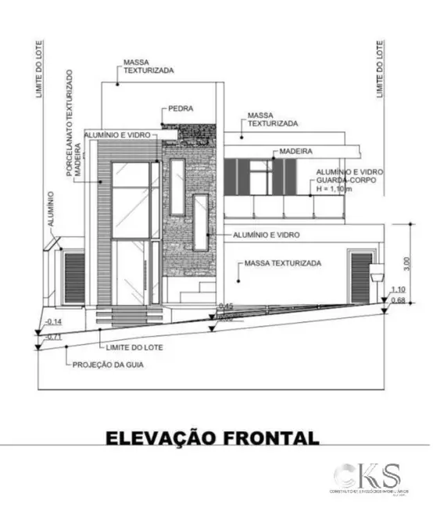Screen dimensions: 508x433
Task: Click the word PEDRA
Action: tap(180, 109)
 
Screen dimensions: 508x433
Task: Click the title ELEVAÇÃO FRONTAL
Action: tap(212, 436)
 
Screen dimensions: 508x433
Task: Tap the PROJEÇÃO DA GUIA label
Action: tap(110, 364)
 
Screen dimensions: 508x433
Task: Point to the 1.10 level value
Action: tap(397, 289)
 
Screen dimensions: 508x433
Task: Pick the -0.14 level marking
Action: tap(55, 322)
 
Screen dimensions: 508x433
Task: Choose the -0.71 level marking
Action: tap(54, 336)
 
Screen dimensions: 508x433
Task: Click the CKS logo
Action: tap(367, 476)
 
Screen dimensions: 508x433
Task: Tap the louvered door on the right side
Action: tap(360, 277)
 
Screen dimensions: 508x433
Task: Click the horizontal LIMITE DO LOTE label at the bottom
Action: tap(131, 345)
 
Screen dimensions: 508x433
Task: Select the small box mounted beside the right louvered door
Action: tap(378, 272)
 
